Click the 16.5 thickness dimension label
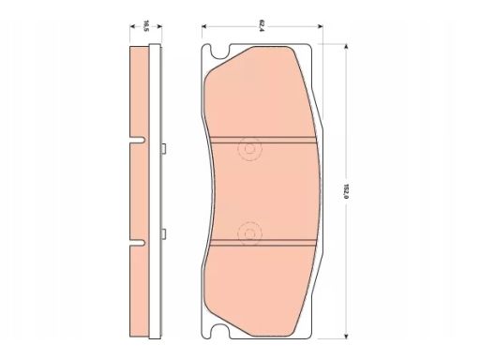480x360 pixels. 145,26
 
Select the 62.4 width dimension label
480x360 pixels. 262,26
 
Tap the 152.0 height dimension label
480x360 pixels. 346,191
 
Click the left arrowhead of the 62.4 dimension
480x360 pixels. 204,26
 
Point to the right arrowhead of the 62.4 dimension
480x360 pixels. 321,26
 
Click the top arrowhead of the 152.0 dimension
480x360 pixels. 346,47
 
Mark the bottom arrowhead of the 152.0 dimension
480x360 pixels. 346,336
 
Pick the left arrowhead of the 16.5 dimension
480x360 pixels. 132,26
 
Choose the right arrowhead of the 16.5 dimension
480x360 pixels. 159,26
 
